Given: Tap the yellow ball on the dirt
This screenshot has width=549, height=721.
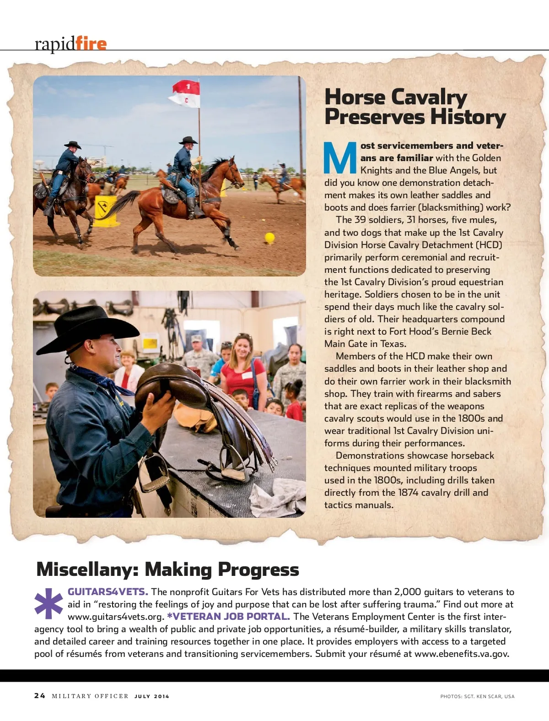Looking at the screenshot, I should click(269, 237).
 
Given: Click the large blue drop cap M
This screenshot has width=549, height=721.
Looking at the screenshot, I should click(340, 158).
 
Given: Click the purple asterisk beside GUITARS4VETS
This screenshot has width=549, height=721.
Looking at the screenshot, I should click(48, 603).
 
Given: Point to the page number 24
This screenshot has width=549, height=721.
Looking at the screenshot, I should click(40, 696).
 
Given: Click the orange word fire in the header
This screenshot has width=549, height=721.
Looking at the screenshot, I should click(91, 44).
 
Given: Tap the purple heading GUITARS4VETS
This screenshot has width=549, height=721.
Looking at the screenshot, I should click(108, 592).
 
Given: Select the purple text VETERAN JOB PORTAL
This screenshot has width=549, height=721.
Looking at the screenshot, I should click(229, 617).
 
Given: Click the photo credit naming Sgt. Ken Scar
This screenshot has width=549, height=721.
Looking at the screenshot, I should click(477, 696).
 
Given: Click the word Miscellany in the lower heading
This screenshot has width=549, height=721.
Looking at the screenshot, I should click(87, 569).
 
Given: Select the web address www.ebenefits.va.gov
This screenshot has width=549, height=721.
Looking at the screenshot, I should click(462, 654).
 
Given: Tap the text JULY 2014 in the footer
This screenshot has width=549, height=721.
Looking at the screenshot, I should click(151, 696).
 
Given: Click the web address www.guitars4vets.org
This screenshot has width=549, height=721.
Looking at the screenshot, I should click(116, 617).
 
